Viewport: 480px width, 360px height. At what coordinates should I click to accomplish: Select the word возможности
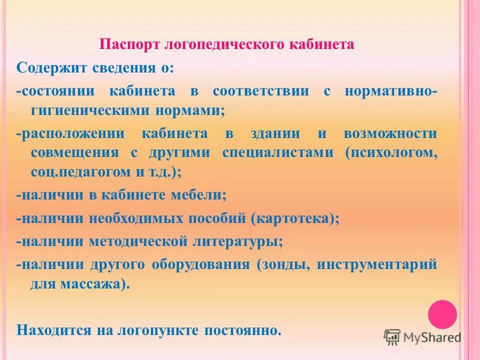point(390,133)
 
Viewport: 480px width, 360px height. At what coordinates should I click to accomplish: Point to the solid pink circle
point(442,314)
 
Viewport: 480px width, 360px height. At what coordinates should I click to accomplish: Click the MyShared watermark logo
point(422,337)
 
